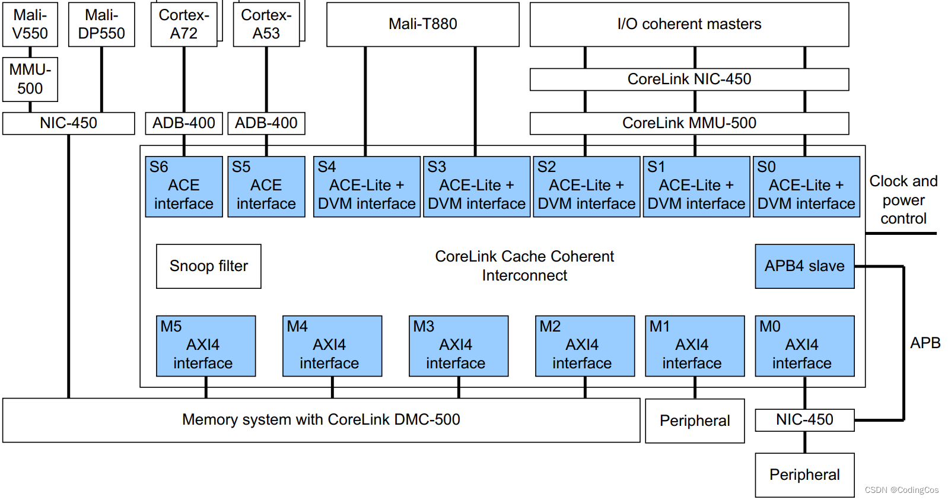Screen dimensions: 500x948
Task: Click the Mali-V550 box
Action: pyautogui.click(x=30, y=24)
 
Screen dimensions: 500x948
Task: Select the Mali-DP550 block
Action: pyautogui.click(x=101, y=24)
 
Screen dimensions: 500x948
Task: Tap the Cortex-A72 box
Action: pyautogui.click(x=184, y=24)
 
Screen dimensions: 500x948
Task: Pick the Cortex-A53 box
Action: pyautogui.click(x=266, y=24)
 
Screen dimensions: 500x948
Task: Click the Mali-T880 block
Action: pyautogui.click(x=423, y=24)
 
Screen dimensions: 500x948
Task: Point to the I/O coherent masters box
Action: pyautogui.click(x=689, y=24)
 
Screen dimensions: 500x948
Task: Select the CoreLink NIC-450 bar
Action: pyautogui.click(x=689, y=79)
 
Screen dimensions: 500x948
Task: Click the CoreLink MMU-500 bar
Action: pyautogui.click(x=689, y=123)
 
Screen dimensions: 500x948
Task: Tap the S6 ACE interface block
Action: pyautogui.click(x=184, y=186)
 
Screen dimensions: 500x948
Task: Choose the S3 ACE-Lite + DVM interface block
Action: pyautogui.click(x=477, y=186)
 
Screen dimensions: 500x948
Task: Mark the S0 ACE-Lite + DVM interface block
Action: pyautogui.click(x=806, y=186)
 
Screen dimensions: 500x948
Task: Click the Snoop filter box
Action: pyautogui.click(x=209, y=266)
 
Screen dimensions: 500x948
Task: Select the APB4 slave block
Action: pyautogui.click(x=804, y=266)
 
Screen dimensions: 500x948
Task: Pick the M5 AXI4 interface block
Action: pyautogui.click(x=206, y=346)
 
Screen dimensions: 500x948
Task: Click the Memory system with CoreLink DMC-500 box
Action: pyautogui.click(x=321, y=420)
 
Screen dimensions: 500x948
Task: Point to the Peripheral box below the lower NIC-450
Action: pyautogui.click(x=804, y=475)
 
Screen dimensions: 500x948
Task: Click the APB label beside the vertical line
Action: pyautogui.click(x=925, y=343)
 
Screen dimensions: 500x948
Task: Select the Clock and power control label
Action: pyautogui.click(x=904, y=200)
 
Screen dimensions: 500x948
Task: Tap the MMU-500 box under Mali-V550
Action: pyautogui.click(x=30, y=79)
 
